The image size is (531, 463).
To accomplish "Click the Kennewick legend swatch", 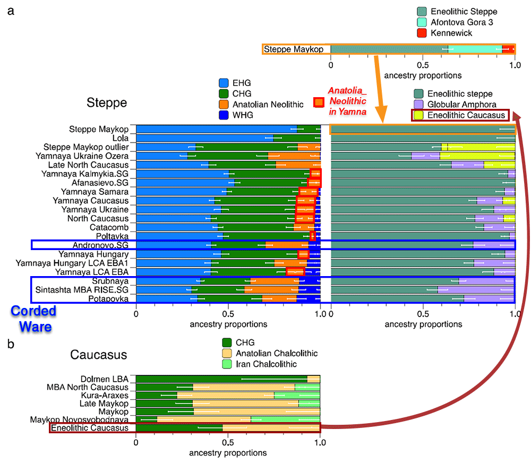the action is click(422, 33).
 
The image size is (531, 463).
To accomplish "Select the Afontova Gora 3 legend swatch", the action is click(422, 22).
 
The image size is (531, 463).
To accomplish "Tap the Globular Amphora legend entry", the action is click(455, 104).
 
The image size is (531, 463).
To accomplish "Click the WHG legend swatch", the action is click(224, 115).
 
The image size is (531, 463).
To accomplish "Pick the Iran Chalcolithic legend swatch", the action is click(227, 364).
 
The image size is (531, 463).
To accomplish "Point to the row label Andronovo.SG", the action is click(100, 245).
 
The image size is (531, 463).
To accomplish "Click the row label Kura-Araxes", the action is click(105, 395).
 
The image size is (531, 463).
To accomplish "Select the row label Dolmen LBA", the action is click(104, 379).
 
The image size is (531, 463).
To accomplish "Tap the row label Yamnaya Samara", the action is click(95, 192).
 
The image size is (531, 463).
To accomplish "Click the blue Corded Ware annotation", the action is click(33, 319).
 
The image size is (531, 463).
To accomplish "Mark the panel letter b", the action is click(11, 344).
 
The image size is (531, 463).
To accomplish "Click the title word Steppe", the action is click(107, 102).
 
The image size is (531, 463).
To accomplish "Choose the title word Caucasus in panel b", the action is click(99, 355).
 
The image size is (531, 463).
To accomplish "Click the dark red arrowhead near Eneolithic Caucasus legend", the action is click(517, 116).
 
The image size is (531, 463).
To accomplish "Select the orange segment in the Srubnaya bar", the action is click(275, 281).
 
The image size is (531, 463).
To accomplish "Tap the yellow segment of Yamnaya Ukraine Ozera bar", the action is click(477, 156).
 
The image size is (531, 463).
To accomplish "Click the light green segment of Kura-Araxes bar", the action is click(297, 395).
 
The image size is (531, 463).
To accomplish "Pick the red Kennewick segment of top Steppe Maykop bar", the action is click(508, 49).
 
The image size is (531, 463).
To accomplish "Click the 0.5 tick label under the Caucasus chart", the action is click(228, 442).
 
